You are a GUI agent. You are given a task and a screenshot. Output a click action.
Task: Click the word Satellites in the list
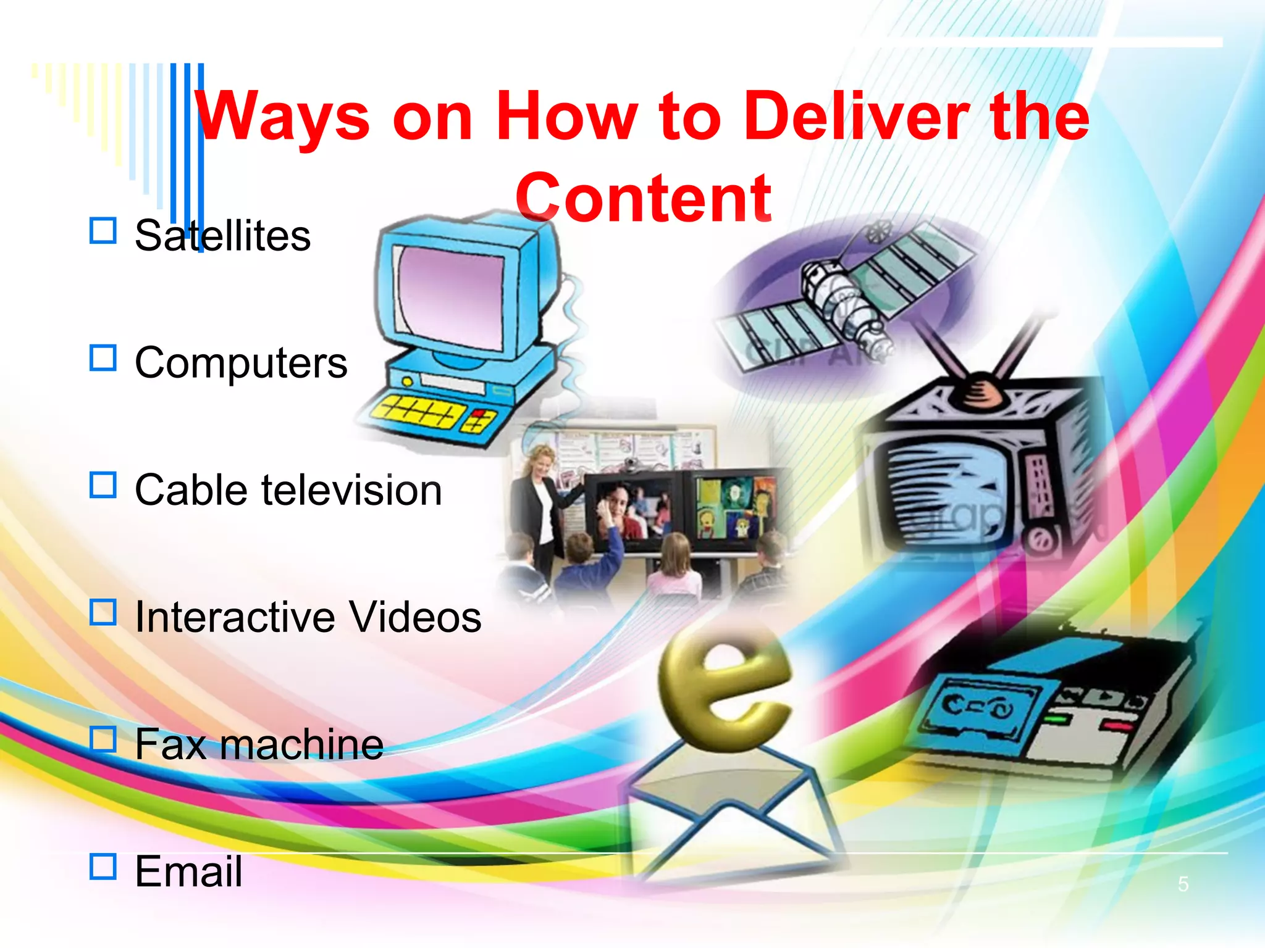[x=222, y=236]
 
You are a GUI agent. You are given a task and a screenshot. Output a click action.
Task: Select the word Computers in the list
[x=241, y=363]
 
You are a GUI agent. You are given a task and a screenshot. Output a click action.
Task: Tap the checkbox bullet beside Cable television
[x=103, y=485]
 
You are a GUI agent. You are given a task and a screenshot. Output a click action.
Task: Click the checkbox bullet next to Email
[x=103, y=866]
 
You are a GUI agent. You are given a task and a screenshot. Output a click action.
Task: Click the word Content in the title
[x=643, y=197]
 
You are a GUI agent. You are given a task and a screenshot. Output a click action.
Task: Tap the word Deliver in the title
[x=855, y=116]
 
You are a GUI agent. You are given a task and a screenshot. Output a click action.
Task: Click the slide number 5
[x=1183, y=884]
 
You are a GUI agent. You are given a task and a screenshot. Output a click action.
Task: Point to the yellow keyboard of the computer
[x=420, y=409]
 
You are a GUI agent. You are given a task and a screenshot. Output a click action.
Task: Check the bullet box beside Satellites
[x=103, y=231]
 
